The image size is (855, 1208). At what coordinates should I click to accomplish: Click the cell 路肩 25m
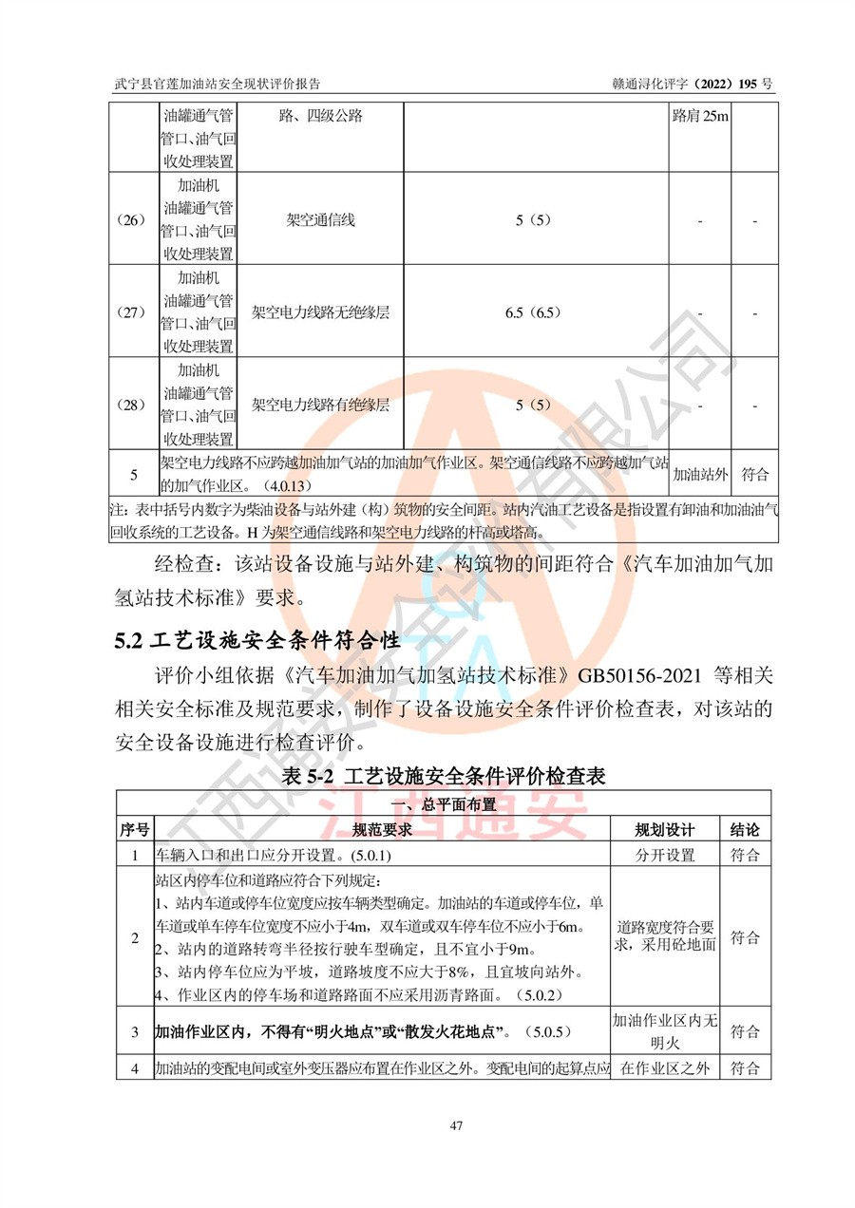pos(699,117)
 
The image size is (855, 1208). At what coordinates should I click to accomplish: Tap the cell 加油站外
pos(699,474)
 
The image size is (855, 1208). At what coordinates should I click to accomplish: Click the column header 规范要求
pos(382,830)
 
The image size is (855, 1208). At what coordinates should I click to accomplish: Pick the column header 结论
pos(745,830)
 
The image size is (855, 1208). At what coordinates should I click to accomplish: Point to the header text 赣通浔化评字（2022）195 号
pos(693,85)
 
